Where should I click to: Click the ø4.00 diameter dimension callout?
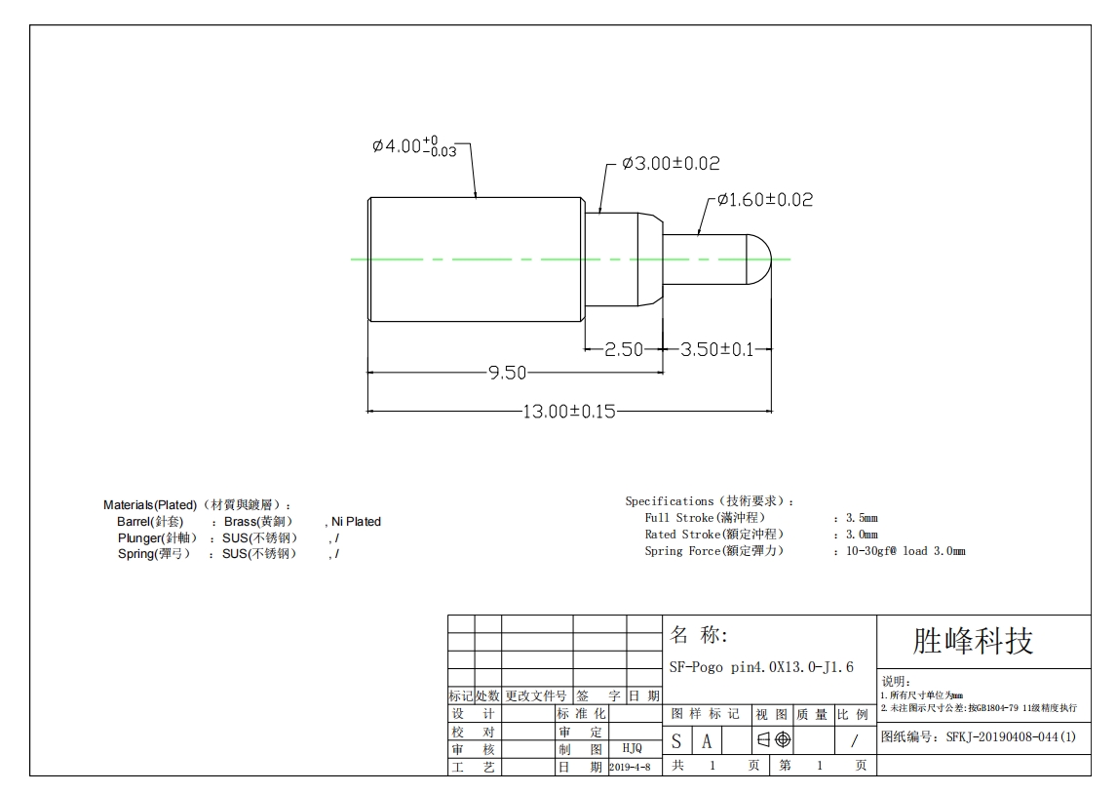[414, 147]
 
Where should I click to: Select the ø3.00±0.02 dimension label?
[671, 164]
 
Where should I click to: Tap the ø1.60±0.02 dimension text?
[764, 200]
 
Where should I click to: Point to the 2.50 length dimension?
[624, 349]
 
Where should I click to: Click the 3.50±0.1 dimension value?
[716, 349]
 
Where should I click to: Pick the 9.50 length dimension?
[507, 373]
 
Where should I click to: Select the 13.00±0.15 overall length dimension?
[569, 412]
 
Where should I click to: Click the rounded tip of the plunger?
[759, 259]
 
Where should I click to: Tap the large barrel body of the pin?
[476, 259]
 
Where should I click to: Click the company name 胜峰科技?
[972, 641]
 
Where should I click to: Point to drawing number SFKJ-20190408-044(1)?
[979, 737]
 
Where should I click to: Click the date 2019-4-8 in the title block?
[631, 768]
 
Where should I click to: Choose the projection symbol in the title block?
[774, 739]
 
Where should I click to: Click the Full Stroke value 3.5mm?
[861, 518]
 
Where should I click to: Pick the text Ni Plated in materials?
[356, 522]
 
